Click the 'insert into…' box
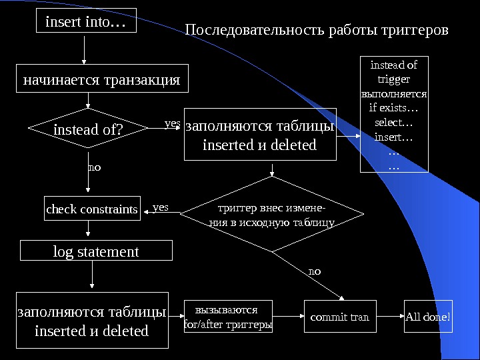coord(85,21)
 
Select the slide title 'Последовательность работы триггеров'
coord(317,31)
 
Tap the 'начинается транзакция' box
coord(101,80)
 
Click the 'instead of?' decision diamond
coord(88,129)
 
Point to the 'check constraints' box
coord(92,210)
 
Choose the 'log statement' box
coord(96,251)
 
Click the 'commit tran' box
coord(339,317)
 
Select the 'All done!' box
coord(428,317)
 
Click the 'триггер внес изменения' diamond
coord(272,214)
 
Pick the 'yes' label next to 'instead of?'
coord(171,123)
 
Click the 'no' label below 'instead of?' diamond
coord(94,167)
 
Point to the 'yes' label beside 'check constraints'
coord(161,208)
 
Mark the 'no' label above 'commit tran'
coord(315,271)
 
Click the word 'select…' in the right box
coord(394,123)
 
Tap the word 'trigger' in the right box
coord(394,79)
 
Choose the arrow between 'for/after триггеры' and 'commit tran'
coord(288,317)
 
